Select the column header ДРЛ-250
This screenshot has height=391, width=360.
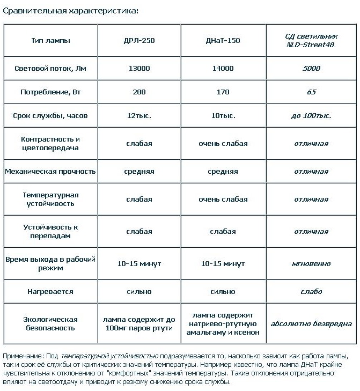pyautogui.click(x=139, y=40)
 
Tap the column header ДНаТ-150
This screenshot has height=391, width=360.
pyautogui.click(x=223, y=40)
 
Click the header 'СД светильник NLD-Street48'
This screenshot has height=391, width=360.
pyautogui.click(x=311, y=40)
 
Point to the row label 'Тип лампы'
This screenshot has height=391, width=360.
pyautogui.click(x=51, y=40)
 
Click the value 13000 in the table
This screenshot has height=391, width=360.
pyautogui.click(x=139, y=68)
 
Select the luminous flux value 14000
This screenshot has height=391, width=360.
pyautogui.click(x=223, y=68)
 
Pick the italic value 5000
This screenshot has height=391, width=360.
pyautogui.click(x=311, y=68)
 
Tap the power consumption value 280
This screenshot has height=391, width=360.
pyautogui.click(x=139, y=92)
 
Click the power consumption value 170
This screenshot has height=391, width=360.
pyautogui.click(x=223, y=92)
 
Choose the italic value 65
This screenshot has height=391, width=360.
pyautogui.click(x=311, y=92)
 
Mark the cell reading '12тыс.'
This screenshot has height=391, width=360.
pyautogui.click(x=139, y=115)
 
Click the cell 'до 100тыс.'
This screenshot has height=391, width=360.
pyautogui.click(x=311, y=115)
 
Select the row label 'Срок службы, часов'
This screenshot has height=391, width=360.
pyautogui.click(x=50, y=115)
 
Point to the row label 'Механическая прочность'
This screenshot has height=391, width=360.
pyautogui.click(x=50, y=172)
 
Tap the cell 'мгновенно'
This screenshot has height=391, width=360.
pyautogui.click(x=311, y=263)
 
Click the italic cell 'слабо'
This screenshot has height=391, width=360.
pyautogui.click(x=311, y=291)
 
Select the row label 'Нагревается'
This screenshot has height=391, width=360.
pyautogui.click(x=50, y=291)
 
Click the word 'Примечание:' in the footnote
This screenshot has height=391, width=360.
pyautogui.click(x=21, y=356)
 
